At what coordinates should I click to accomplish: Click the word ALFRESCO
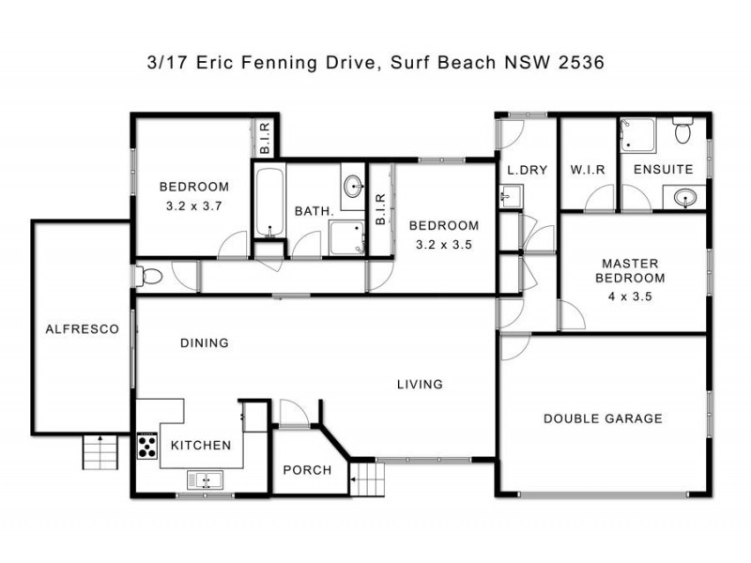point(83,329)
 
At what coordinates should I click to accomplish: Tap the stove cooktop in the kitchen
point(148,445)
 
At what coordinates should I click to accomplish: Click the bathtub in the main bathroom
point(268,201)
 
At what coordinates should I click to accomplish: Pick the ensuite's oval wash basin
point(683,197)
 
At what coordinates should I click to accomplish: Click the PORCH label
point(307,469)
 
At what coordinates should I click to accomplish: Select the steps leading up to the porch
point(369,481)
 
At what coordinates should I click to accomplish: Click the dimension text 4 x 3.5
point(630,296)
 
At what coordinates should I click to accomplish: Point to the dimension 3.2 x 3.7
point(192,204)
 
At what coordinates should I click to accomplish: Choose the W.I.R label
point(587,170)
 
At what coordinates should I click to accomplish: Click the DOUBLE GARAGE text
point(603,418)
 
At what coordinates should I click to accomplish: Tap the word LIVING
point(419,384)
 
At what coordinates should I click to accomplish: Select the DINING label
point(204,342)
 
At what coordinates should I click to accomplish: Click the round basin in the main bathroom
point(354,185)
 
